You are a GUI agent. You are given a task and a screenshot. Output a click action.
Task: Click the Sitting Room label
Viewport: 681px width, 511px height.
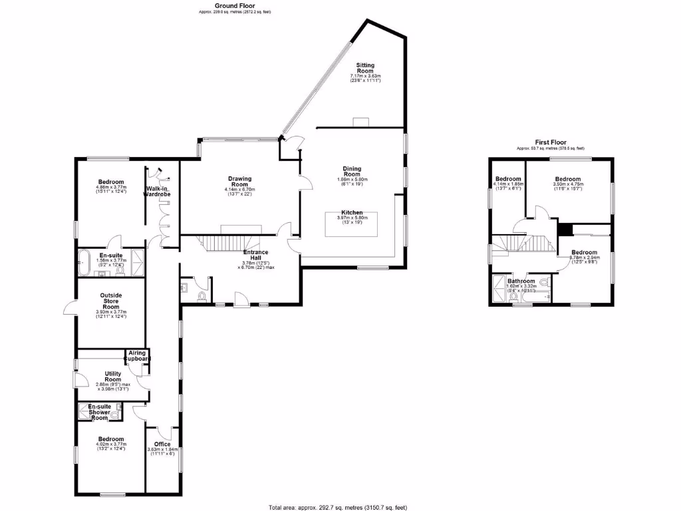click(366, 69)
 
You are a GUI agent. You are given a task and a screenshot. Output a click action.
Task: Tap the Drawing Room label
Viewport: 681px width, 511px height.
click(239, 182)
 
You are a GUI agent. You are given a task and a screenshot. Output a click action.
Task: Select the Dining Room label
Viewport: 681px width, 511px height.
click(351, 172)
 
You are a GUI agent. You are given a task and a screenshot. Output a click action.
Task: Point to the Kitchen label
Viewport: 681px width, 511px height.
click(351, 212)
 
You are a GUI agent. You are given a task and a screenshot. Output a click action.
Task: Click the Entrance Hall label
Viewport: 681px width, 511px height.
click(255, 255)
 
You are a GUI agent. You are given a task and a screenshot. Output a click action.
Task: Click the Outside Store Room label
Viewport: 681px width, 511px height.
click(111, 299)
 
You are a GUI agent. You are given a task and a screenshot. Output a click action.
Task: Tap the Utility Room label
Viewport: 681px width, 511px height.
click(108, 377)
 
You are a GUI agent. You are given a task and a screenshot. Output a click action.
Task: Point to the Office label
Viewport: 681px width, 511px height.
click(162, 444)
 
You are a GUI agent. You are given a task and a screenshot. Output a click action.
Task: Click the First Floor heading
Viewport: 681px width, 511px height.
click(551, 142)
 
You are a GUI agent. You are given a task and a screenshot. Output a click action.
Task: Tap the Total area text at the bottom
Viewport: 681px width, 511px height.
click(338, 507)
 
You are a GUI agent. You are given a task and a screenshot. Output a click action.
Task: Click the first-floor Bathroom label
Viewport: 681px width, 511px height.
click(522, 281)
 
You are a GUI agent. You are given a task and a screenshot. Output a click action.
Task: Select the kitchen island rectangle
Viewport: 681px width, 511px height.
click(351, 224)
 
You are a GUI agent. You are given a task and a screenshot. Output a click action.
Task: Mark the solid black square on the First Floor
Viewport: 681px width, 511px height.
click(565, 229)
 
